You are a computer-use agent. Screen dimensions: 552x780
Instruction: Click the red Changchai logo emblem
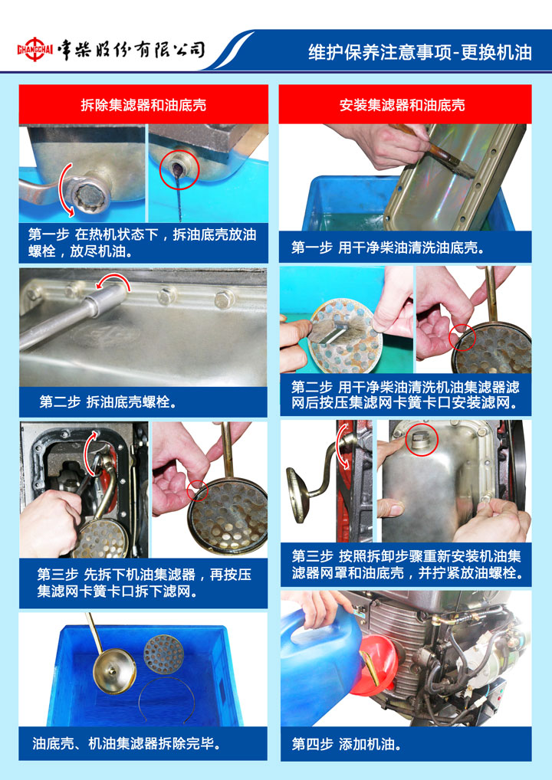(34, 49)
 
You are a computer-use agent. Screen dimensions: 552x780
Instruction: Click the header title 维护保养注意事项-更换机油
(420, 52)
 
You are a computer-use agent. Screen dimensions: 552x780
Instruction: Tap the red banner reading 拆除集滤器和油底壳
(143, 104)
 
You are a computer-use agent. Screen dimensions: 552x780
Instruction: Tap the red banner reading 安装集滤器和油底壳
(402, 104)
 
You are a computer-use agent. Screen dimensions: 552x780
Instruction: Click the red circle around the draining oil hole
(179, 170)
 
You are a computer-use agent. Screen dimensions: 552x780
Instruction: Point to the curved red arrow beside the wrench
(62, 191)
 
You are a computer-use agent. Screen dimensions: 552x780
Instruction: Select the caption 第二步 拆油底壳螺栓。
(108, 401)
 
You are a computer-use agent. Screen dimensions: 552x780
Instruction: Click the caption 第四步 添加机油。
(347, 744)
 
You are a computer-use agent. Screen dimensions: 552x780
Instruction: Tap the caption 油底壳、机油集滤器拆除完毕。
(127, 743)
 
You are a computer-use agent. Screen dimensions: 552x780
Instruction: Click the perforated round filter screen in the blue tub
(163, 654)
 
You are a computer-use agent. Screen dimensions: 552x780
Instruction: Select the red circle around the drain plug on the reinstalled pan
(422, 440)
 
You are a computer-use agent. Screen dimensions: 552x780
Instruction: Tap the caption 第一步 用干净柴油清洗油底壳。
(388, 247)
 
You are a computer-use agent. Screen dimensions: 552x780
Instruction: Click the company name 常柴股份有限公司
(130, 50)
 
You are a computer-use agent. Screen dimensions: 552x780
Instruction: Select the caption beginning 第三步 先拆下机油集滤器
(144, 583)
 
